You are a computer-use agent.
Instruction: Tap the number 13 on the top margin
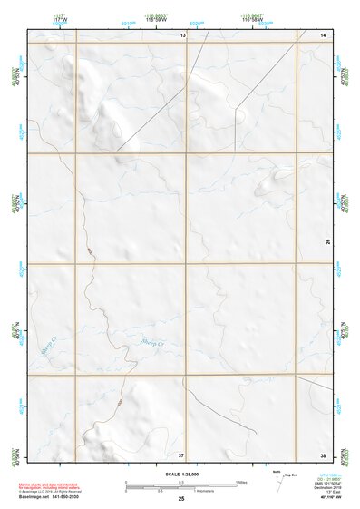pos(181,34)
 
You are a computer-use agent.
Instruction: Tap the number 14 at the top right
pos(324,34)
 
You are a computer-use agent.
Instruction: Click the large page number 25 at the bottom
pos(181,499)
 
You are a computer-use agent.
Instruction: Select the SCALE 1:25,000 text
pos(180,474)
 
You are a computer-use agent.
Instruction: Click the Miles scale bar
pos(181,482)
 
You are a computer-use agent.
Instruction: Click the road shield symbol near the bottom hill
pos(117,400)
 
